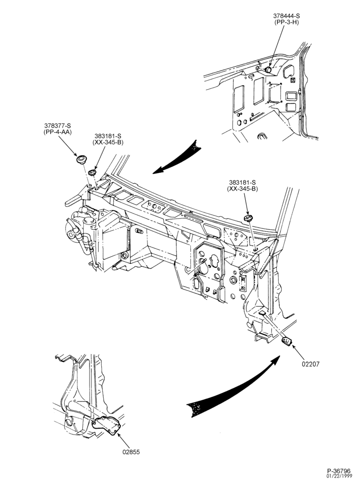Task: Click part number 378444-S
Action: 286,16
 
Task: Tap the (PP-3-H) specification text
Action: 286,22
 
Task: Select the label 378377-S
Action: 57,125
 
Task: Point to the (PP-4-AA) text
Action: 57,132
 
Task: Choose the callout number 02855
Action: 131,452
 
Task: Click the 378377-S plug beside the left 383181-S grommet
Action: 82,159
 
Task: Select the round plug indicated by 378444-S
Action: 269,70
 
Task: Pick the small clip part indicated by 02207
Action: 287,341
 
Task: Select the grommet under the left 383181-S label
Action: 92,172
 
